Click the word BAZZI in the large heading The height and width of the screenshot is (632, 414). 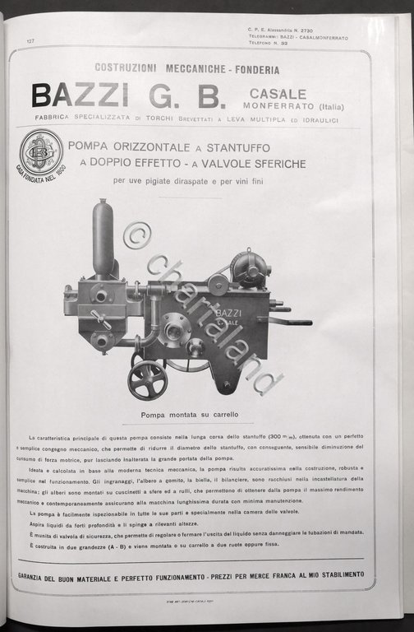(80, 96)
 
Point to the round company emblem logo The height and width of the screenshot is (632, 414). (41, 152)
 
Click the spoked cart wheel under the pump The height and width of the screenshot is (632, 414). (146, 379)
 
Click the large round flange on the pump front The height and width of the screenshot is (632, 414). (175, 329)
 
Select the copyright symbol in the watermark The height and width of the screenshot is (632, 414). (137, 236)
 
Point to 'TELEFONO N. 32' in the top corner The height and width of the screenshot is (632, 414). (269, 45)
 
